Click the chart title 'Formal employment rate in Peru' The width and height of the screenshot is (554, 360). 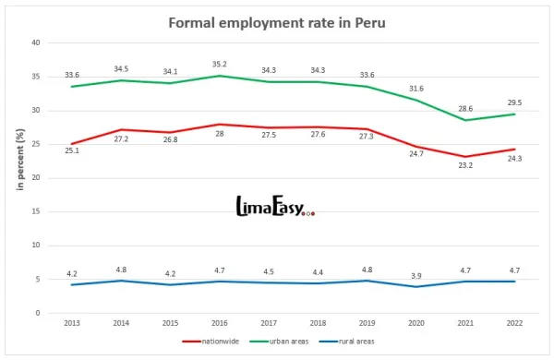277,21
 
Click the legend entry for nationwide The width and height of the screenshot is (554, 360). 214,342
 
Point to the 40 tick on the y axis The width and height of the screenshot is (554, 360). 35,42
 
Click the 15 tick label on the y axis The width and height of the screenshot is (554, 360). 35,211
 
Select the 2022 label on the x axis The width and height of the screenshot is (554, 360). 515,324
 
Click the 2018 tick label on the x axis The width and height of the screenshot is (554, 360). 318,324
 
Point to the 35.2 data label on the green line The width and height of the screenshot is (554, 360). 219,64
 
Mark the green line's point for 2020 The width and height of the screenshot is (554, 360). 416,100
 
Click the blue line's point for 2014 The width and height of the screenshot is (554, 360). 120,281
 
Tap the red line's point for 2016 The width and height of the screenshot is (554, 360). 219,124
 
